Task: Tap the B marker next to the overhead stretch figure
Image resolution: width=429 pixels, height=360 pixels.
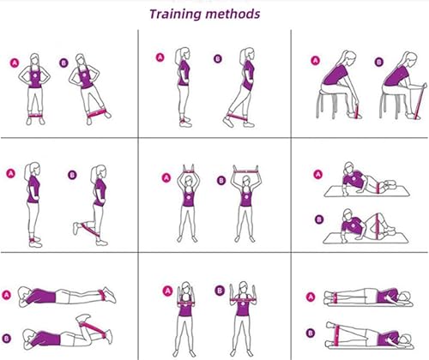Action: (221, 180)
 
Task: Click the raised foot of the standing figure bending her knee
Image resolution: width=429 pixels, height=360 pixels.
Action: (76, 228)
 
